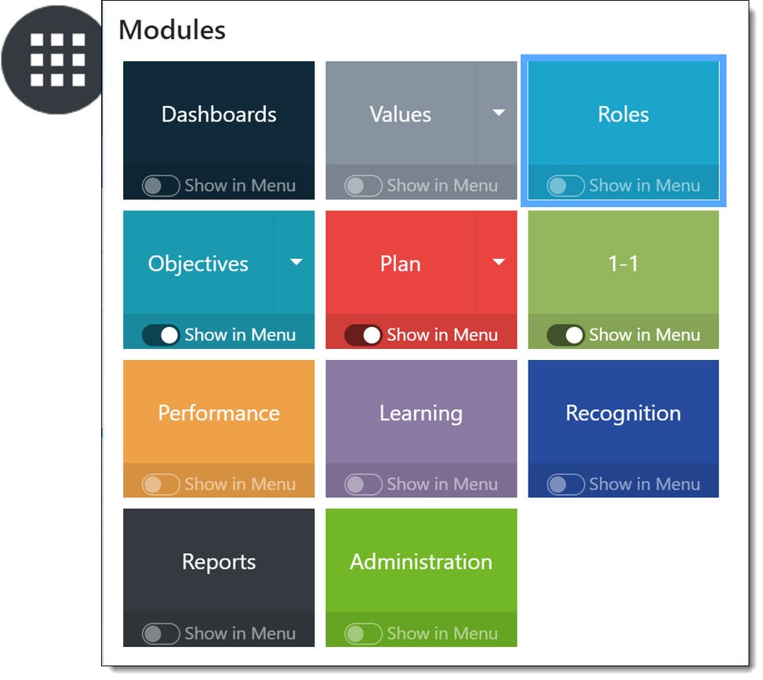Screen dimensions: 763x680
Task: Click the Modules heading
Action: point(173,30)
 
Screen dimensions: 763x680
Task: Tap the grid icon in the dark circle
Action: point(58,60)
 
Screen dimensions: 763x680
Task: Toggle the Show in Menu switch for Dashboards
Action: point(161,185)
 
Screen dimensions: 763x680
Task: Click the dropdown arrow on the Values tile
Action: point(498,113)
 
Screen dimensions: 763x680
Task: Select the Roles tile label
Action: point(623,115)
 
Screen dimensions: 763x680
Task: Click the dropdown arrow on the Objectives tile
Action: point(296,263)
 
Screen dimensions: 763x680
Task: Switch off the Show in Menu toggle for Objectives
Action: point(161,335)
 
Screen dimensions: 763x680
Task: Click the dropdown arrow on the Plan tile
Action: point(498,263)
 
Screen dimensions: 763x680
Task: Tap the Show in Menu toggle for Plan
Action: point(364,335)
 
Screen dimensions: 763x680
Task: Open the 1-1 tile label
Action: point(623,264)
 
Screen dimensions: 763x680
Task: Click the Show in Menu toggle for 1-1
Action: point(566,335)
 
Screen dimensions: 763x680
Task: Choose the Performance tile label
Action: point(219,413)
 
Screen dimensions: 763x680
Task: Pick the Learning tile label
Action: point(421,414)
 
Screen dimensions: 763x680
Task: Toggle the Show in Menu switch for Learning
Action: point(364,485)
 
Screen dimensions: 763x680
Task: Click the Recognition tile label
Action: point(623,414)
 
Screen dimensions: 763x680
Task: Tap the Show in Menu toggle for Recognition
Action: point(566,485)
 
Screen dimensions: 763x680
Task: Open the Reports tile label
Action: point(219,562)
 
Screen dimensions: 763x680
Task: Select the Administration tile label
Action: point(421,562)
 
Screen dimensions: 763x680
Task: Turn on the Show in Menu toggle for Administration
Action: point(364,634)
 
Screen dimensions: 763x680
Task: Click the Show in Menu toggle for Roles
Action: point(566,185)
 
